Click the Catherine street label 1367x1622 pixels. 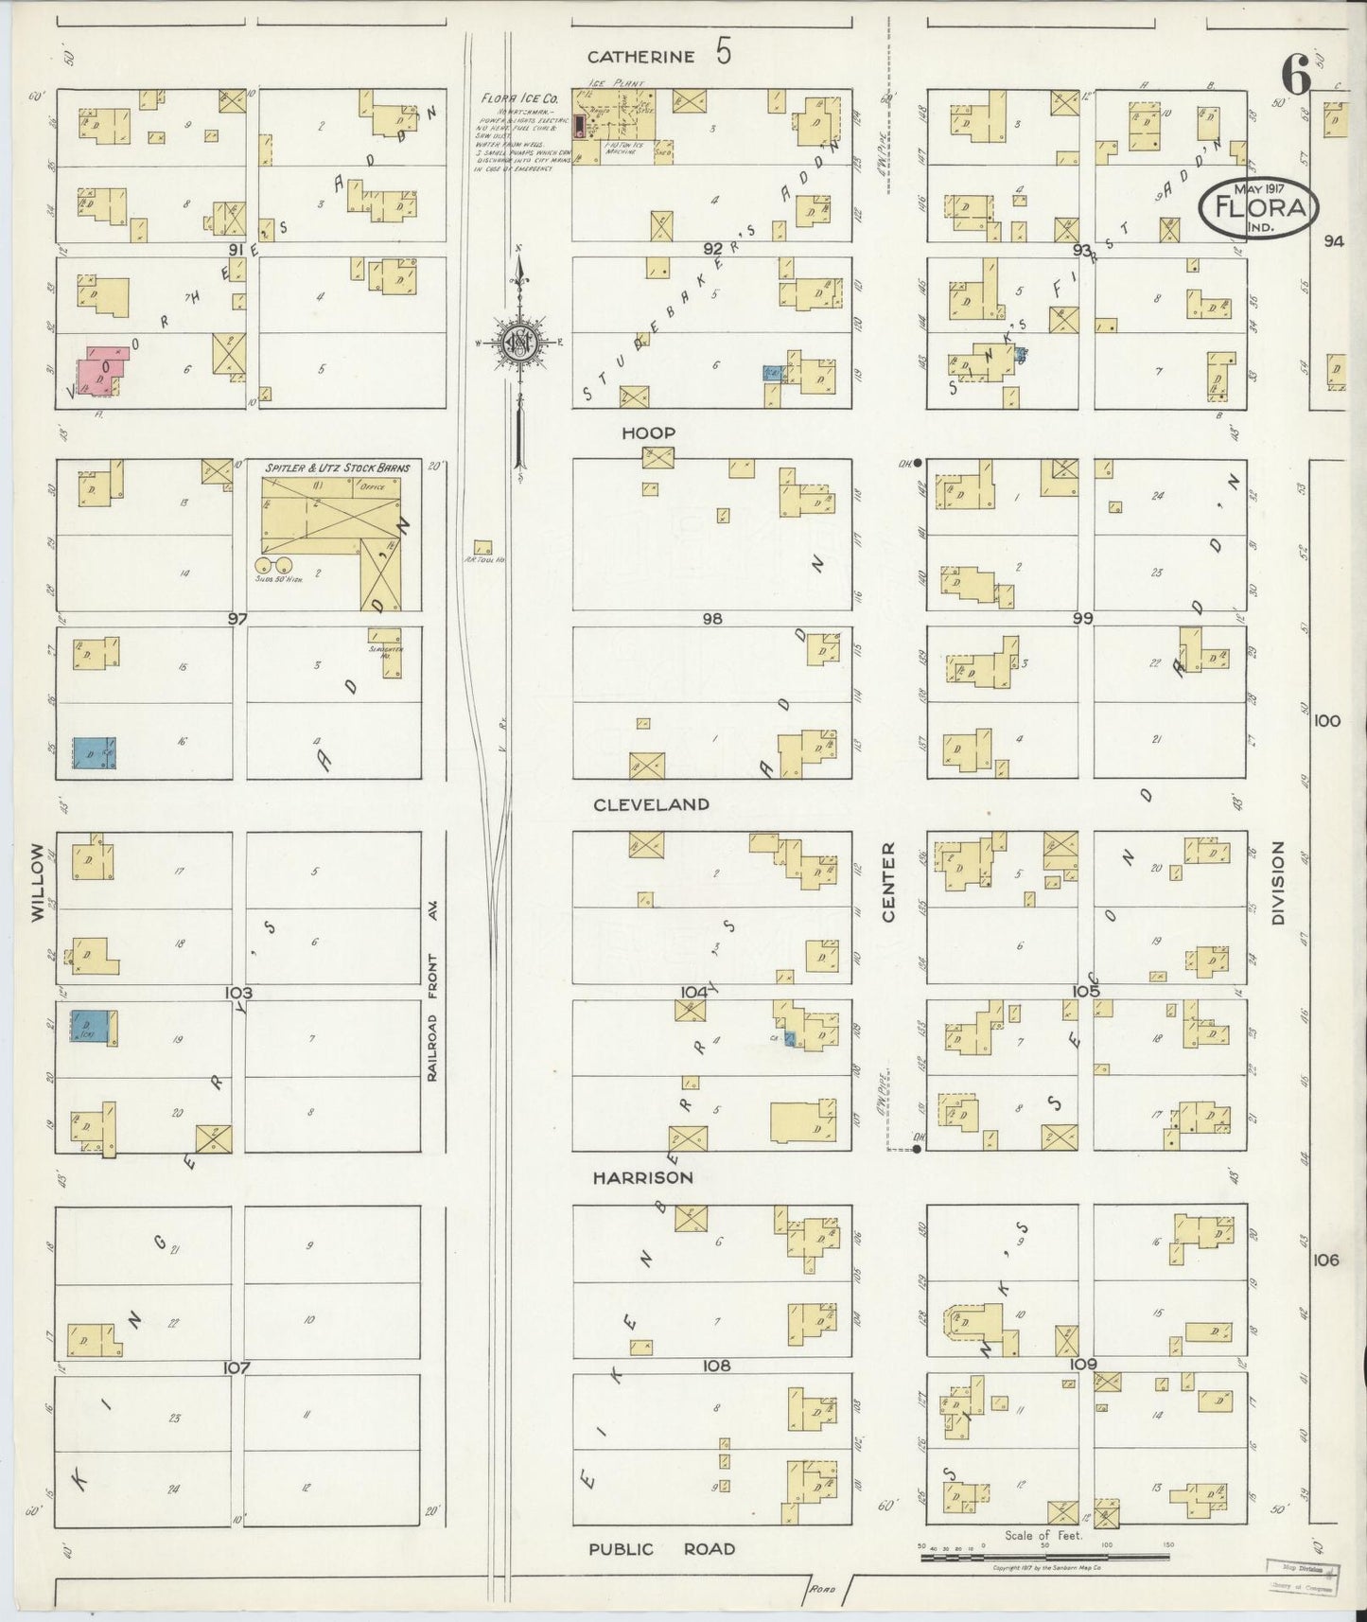coord(640,57)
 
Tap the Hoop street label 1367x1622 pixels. coord(648,433)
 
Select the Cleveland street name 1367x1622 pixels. coord(651,804)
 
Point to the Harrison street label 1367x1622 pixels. coord(642,1178)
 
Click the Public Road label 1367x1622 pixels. coord(661,1549)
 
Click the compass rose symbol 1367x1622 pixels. coord(520,342)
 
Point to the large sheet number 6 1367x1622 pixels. coord(1296,74)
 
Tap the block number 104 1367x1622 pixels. coord(693,991)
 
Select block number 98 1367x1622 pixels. coord(711,618)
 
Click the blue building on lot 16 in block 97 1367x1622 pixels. coord(95,752)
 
